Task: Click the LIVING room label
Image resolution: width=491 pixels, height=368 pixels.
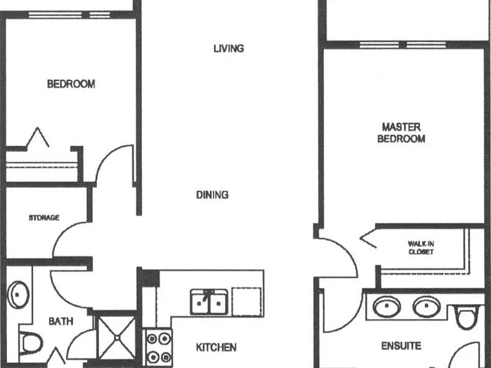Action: click(229, 49)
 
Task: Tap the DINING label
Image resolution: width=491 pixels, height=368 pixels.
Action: click(212, 195)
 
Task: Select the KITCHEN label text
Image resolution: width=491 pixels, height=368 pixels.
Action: click(216, 348)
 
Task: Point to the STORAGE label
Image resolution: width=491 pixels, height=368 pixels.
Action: click(44, 217)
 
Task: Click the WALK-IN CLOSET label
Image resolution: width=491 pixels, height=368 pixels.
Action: click(421, 247)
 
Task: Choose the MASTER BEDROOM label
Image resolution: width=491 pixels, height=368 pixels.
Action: click(401, 133)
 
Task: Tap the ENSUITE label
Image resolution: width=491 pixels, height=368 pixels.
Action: click(401, 346)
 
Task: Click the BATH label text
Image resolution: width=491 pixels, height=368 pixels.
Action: click(61, 321)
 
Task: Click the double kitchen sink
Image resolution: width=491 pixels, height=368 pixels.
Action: click(209, 302)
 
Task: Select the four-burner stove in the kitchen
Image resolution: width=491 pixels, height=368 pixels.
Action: click(159, 348)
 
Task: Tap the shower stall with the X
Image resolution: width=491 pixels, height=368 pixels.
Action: click(117, 337)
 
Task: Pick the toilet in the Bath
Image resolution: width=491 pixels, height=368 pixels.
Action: click(31, 343)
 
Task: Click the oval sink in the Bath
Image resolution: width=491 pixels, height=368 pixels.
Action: click(18, 295)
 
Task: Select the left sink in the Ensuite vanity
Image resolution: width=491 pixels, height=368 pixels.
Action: click(387, 306)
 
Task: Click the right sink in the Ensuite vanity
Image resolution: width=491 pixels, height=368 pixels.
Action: click(426, 307)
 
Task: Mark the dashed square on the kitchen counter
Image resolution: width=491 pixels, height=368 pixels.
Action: click(247, 302)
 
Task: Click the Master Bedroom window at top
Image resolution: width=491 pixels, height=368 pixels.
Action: click(403, 45)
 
